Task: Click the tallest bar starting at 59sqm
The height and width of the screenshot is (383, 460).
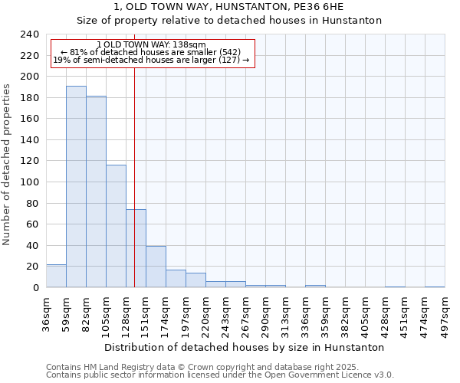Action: click(76, 187)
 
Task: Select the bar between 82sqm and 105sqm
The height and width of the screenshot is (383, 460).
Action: click(96, 191)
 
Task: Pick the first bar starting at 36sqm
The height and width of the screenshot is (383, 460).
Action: click(56, 276)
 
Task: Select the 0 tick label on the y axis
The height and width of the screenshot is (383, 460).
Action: click(36, 288)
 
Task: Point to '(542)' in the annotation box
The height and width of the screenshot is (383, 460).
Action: click(228, 52)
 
